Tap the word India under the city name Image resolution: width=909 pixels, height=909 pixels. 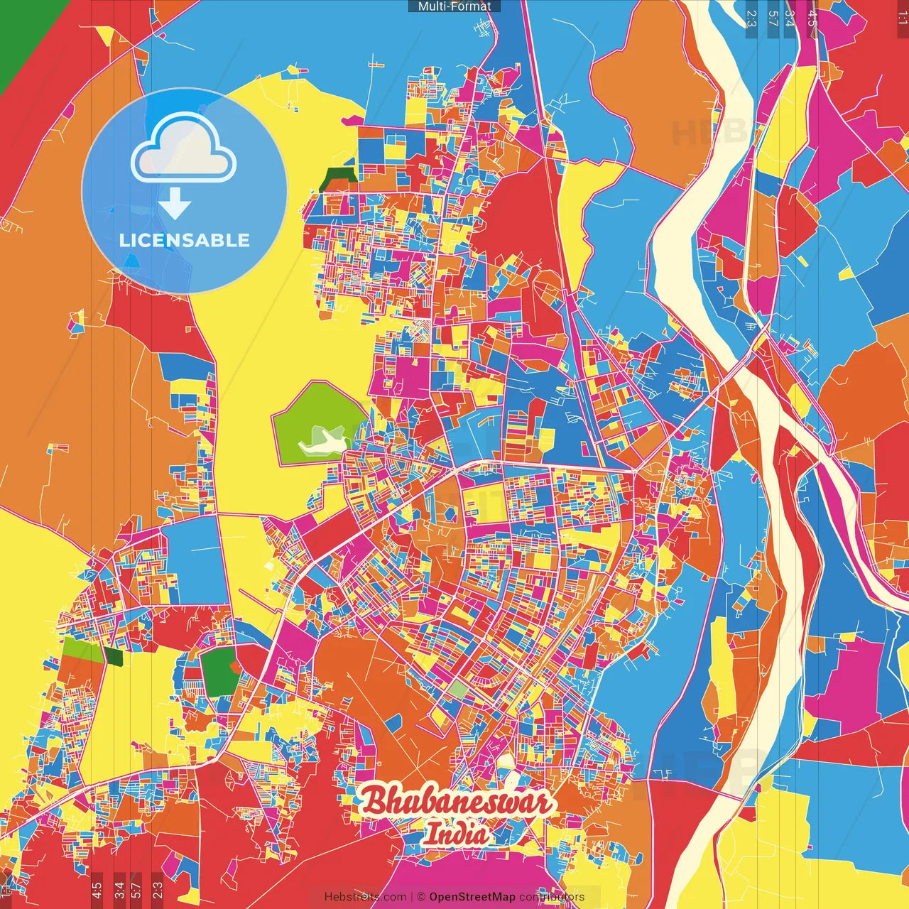point(457,834)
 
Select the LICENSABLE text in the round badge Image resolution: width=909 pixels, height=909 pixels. point(185,240)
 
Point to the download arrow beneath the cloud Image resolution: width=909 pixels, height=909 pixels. point(175,203)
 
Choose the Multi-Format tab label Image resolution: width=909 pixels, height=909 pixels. point(454,6)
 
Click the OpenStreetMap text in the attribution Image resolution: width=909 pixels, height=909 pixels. point(472,897)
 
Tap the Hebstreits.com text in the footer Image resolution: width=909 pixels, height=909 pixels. point(365,897)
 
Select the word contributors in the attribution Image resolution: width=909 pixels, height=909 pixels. point(552,897)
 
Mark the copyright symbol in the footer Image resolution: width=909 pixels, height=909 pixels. point(420,897)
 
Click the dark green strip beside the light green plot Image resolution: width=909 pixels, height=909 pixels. point(114,655)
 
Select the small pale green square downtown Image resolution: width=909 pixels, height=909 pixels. point(458,689)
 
